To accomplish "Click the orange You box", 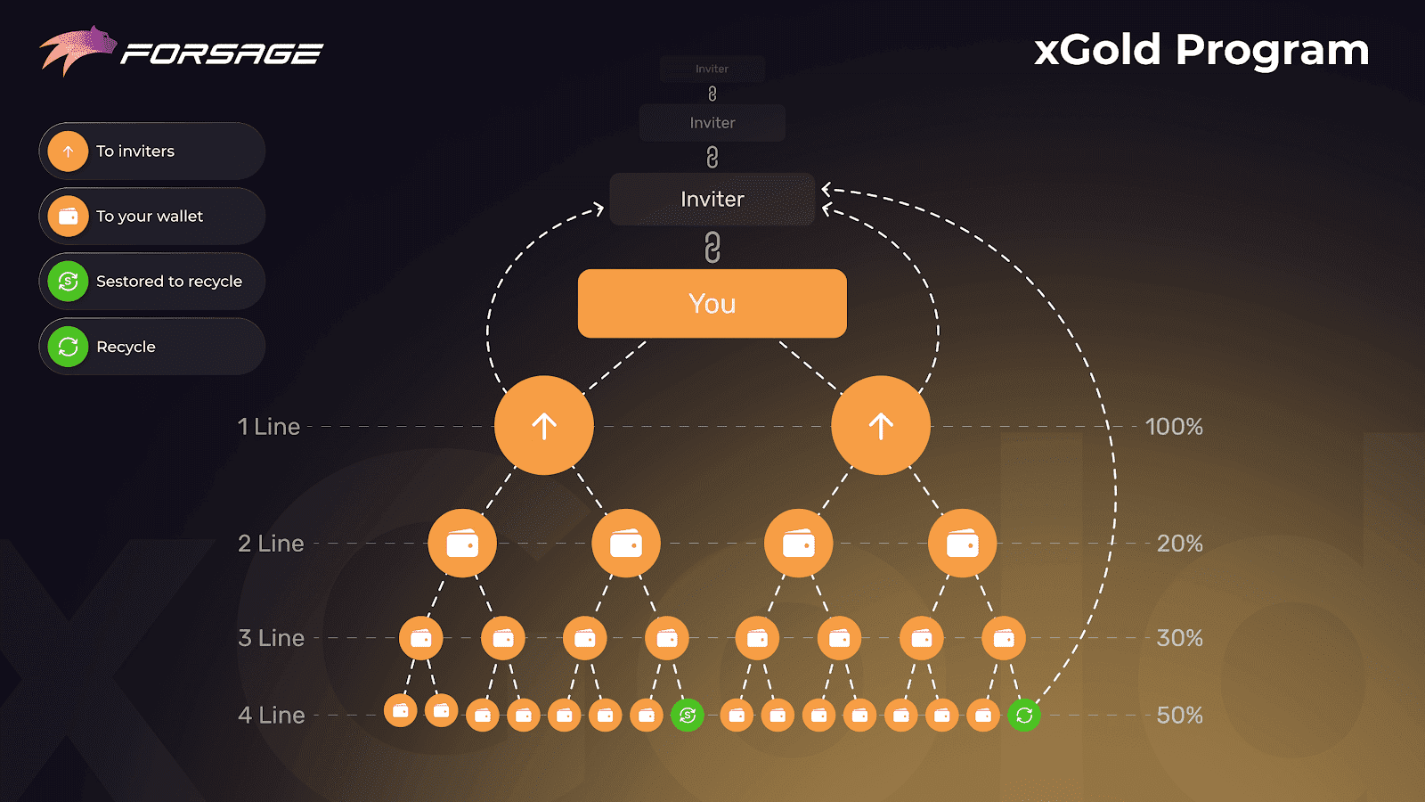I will pyautogui.click(x=712, y=304).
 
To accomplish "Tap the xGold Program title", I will pyautogui.click(x=1201, y=50).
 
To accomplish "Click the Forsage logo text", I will pyautogui.click(x=222, y=54).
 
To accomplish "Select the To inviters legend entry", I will pyautogui.click(x=151, y=151).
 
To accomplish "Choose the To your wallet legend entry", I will pyautogui.click(x=151, y=217).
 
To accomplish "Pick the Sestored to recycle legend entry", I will pyautogui.click(x=151, y=282).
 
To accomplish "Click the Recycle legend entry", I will pyautogui.click(x=151, y=347).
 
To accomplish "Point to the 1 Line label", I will pyautogui.click(x=269, y=427).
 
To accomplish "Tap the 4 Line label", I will pyautogui.click(x=272, y=715).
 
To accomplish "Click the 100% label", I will pyautogui.click(x=1174, y=427).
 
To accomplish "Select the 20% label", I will pyautogui.click(x=1179, y=544).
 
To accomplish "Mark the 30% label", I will pyautogui.click(x=1179, y=638).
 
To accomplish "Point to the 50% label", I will pyautogui.click(x=1179, y=715).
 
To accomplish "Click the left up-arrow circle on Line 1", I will pyautogui.click(x=544, y=425).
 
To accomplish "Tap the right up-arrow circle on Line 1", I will pyautogui.click(x=881, y=425).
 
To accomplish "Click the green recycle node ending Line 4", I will pyautogui.click(x=1024, y=715).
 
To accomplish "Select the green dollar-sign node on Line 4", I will pyautogui.click(x=688, y=715).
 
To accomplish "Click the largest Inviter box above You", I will pyautogui.click(x=712, y=199).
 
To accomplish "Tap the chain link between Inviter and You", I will pyautogui.click(x=712, y=247).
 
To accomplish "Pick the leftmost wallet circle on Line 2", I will pyautogui.click(x=462, y=543).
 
